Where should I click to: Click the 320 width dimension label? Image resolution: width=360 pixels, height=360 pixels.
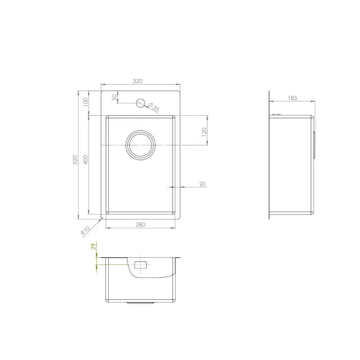pos(138,81)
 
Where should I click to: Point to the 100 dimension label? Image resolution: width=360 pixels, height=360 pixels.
pos(86,102)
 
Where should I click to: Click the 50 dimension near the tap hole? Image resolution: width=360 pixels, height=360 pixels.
pos(115,98)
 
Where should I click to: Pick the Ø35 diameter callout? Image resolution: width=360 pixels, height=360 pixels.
pos(153,107)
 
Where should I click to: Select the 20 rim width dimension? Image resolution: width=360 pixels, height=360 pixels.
pos(202,184)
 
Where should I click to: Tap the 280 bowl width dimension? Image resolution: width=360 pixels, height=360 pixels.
pos(140,224)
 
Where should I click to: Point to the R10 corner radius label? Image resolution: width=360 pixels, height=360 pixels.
pos(85,230)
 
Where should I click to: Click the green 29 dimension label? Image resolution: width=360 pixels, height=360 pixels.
pos(93,247)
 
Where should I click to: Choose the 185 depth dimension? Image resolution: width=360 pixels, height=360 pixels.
pos(292,98)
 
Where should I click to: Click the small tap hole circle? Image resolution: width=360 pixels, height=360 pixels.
pos(140,103)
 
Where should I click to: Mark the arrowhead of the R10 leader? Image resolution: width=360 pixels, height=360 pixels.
pos(101,220)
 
